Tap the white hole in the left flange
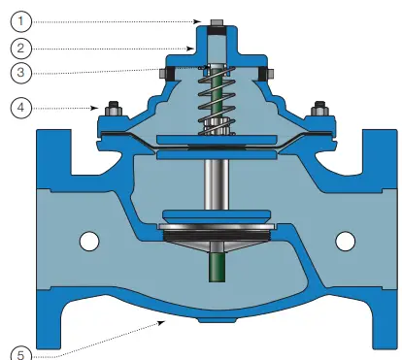click(88, 239)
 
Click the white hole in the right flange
click(344, 239)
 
